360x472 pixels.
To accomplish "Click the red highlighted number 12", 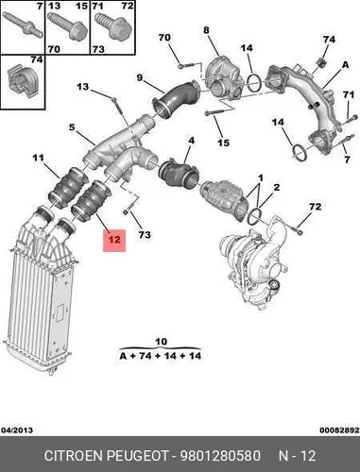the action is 114,240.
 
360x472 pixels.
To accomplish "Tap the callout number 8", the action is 206,30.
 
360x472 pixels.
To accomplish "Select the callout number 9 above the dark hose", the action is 140,77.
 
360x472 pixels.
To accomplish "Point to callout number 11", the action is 39,158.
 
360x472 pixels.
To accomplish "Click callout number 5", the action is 72,127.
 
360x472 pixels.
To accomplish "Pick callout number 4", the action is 191,141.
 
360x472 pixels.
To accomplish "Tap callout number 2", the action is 276,188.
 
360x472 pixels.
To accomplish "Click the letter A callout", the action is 346,65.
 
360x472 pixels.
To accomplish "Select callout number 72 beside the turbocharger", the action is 315,207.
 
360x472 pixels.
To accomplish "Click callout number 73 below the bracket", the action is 145,234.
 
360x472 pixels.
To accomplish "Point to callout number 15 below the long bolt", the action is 224,143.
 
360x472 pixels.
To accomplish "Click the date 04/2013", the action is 17,430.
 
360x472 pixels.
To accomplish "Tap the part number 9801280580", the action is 220,456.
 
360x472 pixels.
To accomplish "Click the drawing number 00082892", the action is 339,430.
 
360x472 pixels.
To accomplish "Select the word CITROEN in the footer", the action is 74,456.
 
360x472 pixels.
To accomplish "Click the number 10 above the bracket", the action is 161,342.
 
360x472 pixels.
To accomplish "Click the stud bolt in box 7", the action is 23,25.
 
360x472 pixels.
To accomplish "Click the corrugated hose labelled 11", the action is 68,187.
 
